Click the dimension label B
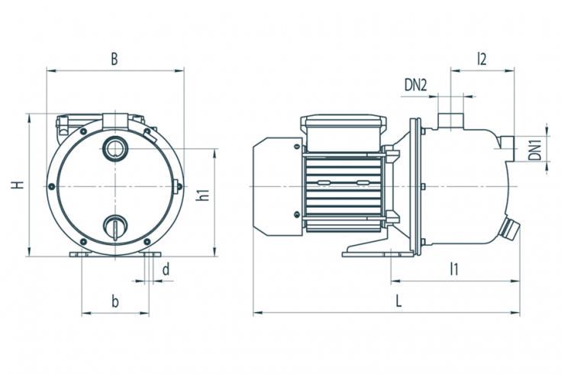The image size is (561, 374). (x=114, y=59)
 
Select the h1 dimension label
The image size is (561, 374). (x=202, y=195)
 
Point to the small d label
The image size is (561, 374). (x=166, y=269)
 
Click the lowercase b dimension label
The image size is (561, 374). (x=114, y=301)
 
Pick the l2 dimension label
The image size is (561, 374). (x=482, y=59)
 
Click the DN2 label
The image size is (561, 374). (x=416, y=85)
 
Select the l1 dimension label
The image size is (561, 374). (x=453, y=269)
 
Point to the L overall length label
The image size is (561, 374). (x=398, y=301)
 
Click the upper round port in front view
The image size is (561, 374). (x=114, y=148)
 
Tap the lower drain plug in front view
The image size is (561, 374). (x=114, y=228)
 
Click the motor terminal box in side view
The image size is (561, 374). (x=343, y=133)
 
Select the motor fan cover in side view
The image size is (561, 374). (x=278, y=186)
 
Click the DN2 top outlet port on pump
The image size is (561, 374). (x=451, y=121)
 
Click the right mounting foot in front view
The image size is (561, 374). (x=150, y=254)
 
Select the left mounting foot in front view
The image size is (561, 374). (x=80, y=254)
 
